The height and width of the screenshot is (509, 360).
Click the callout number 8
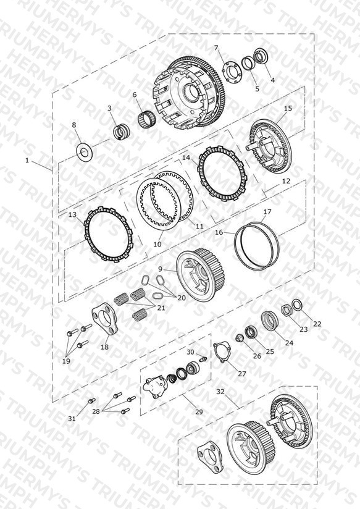[x=74, y=125]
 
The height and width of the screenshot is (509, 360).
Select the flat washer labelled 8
[x=84, y=151]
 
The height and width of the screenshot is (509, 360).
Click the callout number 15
[x=288, y=108]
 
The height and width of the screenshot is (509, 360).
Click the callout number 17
[x=267, y=212]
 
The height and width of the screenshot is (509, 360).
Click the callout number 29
[x=199, y=411]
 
